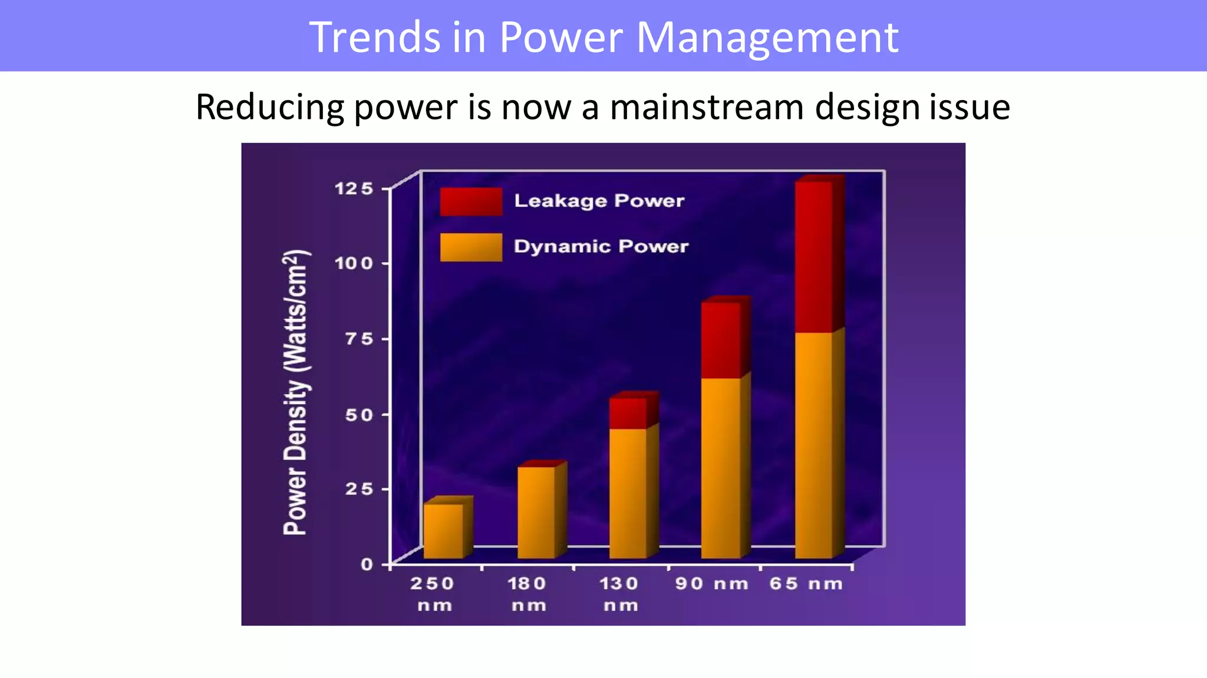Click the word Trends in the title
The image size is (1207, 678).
tap(374, 37)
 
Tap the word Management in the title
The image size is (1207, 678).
tap(767, 37)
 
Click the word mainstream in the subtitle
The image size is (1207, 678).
tap(706, 107)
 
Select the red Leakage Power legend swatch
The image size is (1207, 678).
tap(470, 201)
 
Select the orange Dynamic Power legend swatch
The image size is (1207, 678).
tap(470, 247)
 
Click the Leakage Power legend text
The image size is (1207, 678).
tap(599, 201)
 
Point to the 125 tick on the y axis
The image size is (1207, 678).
tap(354, 188)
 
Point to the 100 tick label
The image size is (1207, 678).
tap(354, 263)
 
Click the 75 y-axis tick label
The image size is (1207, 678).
tap(359, 339)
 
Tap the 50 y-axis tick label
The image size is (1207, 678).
tap(359, 415)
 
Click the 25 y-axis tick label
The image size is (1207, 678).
tap(359, 489)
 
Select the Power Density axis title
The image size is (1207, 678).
tap(295, 392)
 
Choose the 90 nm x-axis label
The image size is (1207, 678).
tap(711, 584)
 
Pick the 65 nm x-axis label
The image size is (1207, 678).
tap(806, 584)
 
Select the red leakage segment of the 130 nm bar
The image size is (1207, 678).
tap(628, 412)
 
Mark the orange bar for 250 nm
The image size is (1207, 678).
tap(443, 530)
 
